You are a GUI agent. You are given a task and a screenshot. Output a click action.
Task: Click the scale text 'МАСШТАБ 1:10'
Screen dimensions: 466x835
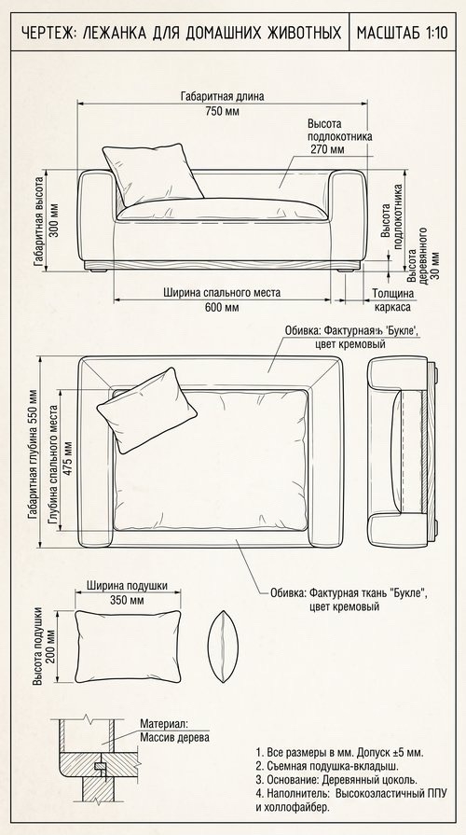(x=403, y=33)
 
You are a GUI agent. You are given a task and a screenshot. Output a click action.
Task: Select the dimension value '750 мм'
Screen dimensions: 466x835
(x=222, y=111)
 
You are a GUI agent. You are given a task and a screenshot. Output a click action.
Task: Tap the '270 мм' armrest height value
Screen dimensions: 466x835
(x=327, y=149)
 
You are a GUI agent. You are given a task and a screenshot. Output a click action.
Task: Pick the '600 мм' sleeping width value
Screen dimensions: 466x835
(x=222, y=307)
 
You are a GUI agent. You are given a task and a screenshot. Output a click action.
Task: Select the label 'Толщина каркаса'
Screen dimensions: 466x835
(x=392, y=300)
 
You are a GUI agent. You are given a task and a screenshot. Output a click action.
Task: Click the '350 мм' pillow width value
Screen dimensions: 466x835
(x=127, y=600)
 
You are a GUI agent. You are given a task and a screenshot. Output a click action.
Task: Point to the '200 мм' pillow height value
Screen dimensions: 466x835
(x=51, y=647)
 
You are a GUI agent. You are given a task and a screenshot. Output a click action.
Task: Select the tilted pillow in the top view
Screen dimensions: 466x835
(x=146, y=411)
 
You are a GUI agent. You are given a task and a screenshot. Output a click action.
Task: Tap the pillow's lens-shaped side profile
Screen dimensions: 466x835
(x=223, y=647)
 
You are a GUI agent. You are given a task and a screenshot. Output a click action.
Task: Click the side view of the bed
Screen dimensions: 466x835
(x=403, y=452)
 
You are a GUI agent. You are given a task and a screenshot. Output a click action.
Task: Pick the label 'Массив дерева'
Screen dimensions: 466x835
(x=174, y=738)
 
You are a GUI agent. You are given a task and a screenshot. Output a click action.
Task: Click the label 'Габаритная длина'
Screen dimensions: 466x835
(x=222, y=97)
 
